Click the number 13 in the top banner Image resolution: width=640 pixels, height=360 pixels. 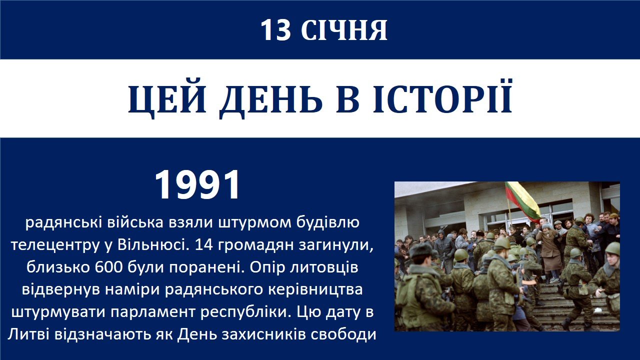[x=275, y=30]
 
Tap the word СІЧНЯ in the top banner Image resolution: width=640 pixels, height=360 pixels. [x=344, y=30]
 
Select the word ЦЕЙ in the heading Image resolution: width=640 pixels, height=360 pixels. [x=167, y=99]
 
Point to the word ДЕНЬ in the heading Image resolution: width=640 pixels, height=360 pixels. [x=271, y=99]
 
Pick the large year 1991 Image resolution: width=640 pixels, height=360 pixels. [x=197, y=185]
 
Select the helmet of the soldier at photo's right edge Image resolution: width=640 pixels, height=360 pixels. [x=613, y=248]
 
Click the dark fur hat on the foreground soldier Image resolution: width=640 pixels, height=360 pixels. [x=420, y=250]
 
